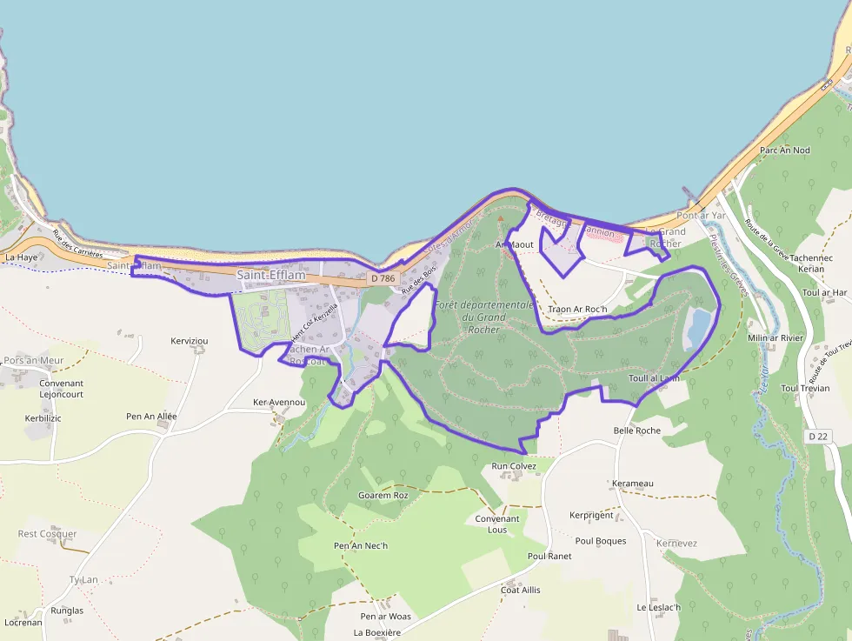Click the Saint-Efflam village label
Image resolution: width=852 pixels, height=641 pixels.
pos(271,276)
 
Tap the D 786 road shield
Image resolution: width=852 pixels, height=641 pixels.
pos(382,278)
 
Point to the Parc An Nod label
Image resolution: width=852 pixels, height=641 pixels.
pos(784,150)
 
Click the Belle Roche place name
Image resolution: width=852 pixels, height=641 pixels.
pos(636,431)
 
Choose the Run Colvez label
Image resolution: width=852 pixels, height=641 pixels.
pos(515,465)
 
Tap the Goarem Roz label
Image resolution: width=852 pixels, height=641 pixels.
pos(383,495)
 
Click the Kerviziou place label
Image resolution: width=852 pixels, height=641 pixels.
pos(190,340)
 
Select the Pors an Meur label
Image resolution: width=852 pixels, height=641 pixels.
pos(34,360)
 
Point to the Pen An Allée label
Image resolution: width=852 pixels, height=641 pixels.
pos(151,417)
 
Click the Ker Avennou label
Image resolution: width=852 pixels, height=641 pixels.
pos(278,403)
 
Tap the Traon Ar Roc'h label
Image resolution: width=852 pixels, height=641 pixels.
pos(576,309)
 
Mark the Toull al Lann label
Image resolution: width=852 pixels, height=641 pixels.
pos(654,378)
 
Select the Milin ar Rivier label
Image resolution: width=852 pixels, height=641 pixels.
pos(775,337)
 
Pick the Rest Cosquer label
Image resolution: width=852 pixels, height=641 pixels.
pos(48,534)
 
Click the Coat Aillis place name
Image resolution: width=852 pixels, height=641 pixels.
pos(520,590)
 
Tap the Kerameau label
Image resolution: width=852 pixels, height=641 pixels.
pos(632,484)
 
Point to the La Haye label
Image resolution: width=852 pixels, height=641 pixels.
pos(21,257)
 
